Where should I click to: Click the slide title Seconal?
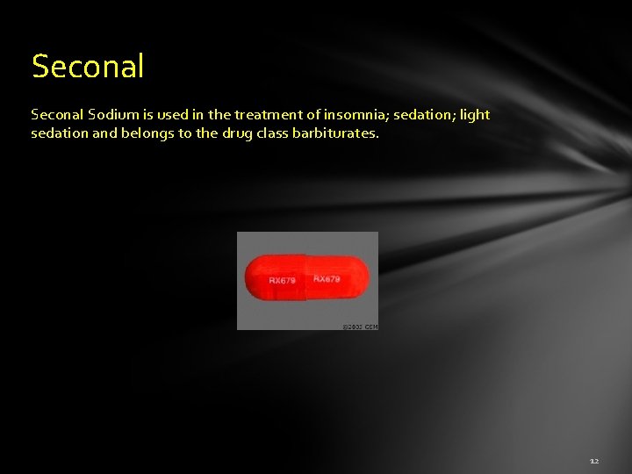click(x=88, y=67)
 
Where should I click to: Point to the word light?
click(x=474, y=115)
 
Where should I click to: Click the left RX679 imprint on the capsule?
click(x=282, y=281)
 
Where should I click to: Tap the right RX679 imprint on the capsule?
click(x=327, y=278)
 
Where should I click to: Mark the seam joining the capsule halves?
click(x=305, y=276)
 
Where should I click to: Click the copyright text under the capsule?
click(x=359, y=327)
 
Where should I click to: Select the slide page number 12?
click(x=594, y=460)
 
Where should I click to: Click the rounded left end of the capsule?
click(x=251, y=276)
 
